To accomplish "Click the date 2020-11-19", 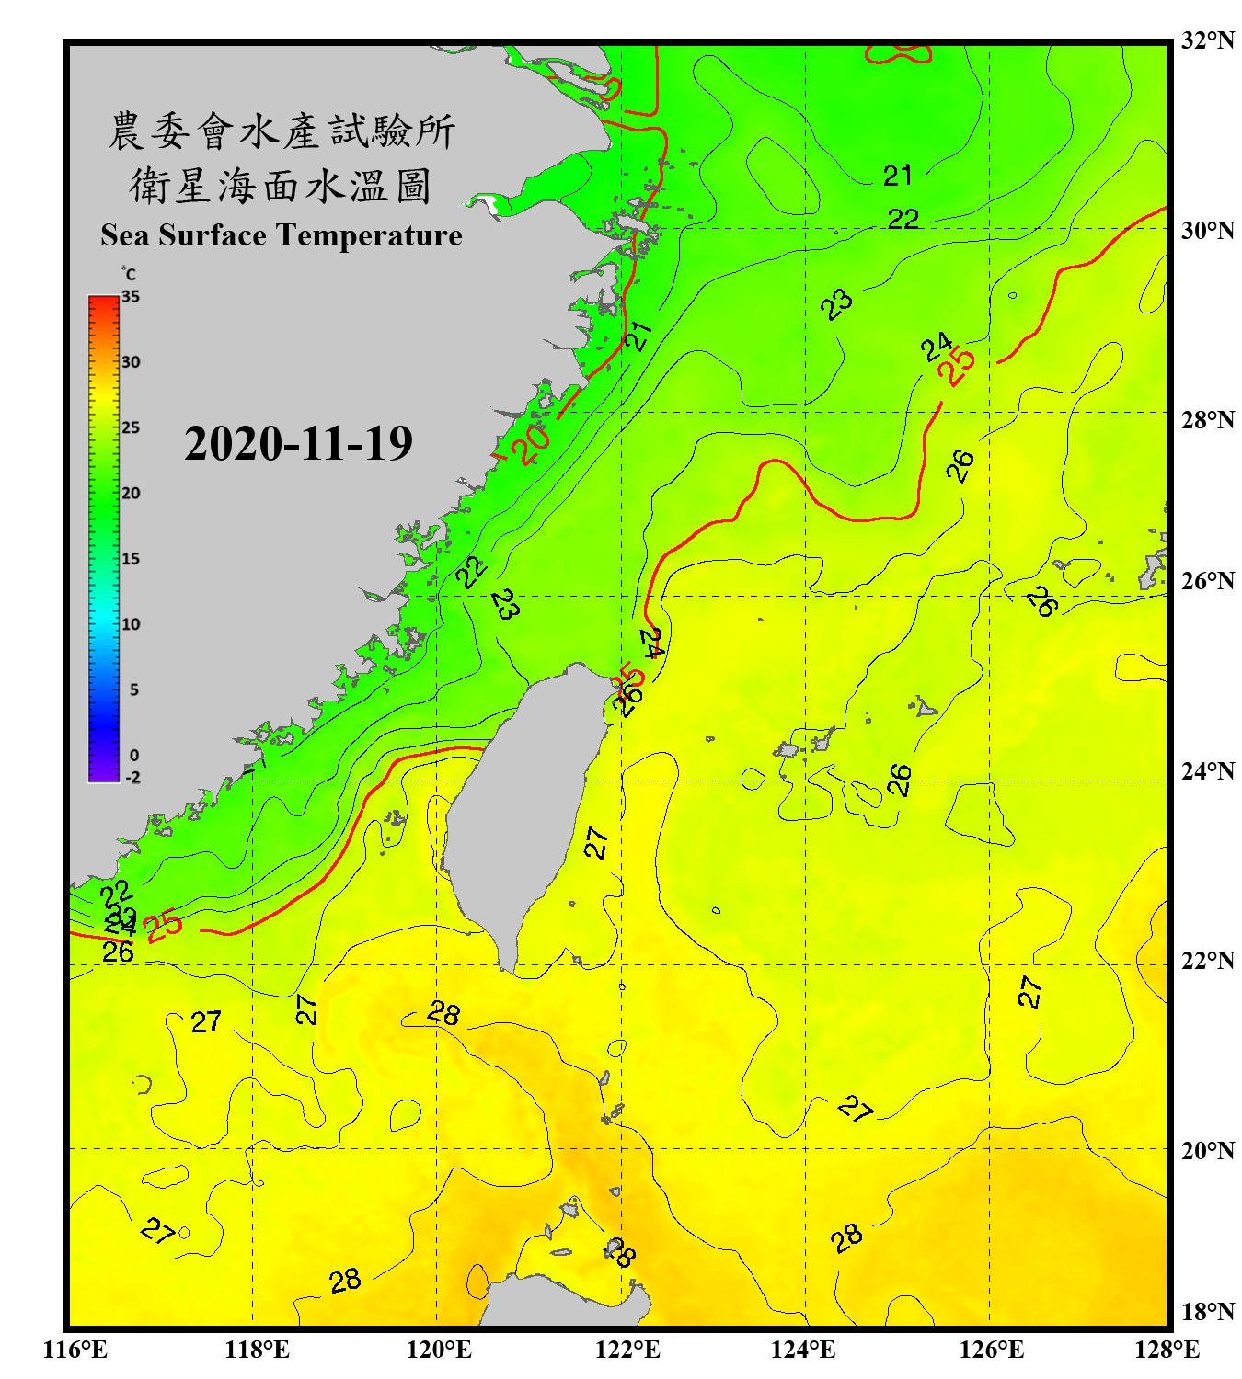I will pyautogui.click(x=298, y=444).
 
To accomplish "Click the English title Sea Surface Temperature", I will pyautogui.click(x=282, y=235).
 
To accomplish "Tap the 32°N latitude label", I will pyautogui.click(x=1207, y=40).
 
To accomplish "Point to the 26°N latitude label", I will pyautogui.click(x=1207, y=581).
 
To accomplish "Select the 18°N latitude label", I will pyautogui.click(x=1207, y=1312).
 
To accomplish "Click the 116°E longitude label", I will pyautogui.click(x=75, y=1350).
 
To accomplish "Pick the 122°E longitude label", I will pyautogui.click(x=627, y=1350).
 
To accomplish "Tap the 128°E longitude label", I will pyautogui.click(x=1167, y=1350).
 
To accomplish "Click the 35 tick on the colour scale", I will pyautogui.click(x=131, y=296).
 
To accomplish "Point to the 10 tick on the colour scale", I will pyautogui.click(x=131, y=624).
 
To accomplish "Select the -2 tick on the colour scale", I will pyautogui.click(x=132, y=778).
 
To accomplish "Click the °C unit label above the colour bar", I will pyautogui.click(x=129, y=274).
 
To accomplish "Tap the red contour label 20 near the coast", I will pyautogui.click(x=530, y=445).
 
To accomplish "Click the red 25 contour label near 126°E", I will pyautogui.click(x=957, y=366).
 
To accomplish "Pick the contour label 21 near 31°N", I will pyautogui.click(x=897, y=175).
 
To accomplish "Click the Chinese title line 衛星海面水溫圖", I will pyautogui.click(x=281, y=186).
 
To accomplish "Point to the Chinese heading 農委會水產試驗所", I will pyautogui.click(x=281, y=131).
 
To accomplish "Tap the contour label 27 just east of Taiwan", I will pyautogui.click(x=596, y=842).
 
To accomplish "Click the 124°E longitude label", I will pyautogui.click(x=803, y=1350).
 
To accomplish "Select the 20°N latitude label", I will pyautogui.click(x=1207, y=1150).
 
